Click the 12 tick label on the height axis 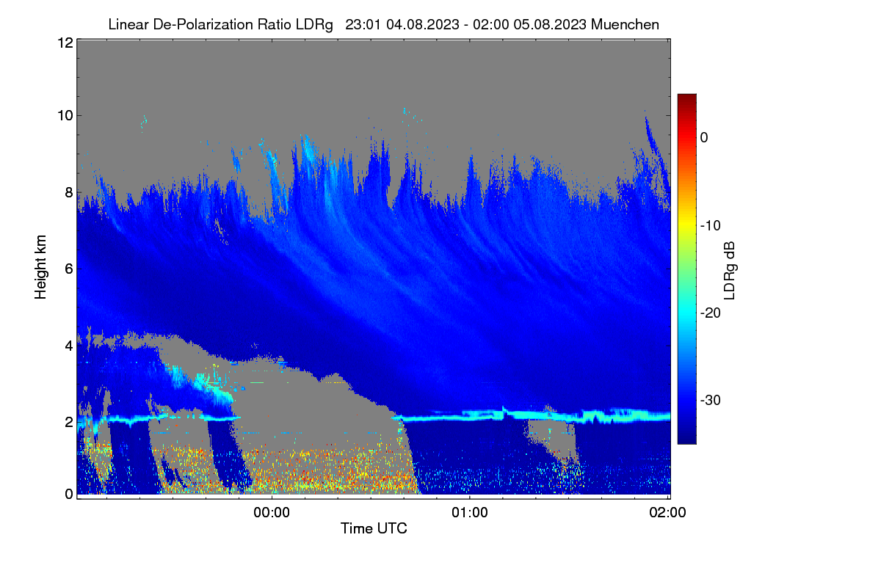65,43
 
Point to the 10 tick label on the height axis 65,116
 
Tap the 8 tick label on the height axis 69,193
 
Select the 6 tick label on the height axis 69,269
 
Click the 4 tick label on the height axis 69,346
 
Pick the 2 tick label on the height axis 69,422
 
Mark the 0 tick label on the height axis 69,495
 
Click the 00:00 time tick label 272,512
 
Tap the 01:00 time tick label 470,512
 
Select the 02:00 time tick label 668,512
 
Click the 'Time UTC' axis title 374,528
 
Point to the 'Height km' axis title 40,267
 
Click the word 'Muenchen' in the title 625,24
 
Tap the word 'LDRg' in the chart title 314,25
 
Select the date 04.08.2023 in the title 423,24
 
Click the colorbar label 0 704,138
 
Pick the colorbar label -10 711,226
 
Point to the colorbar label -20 711,313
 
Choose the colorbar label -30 711,400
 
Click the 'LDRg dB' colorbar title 730,271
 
